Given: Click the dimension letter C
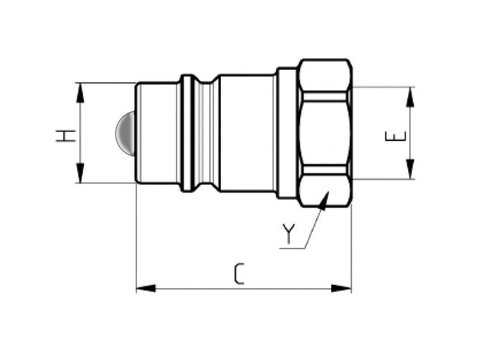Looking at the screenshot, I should coord(239,274).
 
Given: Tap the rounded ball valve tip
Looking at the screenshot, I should coord(125,133).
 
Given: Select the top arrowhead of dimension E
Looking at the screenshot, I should coord(410,94).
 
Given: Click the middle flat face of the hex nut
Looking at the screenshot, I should coord(325,133).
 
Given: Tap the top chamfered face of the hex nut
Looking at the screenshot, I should coord(325,75).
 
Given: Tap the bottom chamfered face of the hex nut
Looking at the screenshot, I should coord(325,191).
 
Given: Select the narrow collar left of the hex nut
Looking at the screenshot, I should coord(287,133).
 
